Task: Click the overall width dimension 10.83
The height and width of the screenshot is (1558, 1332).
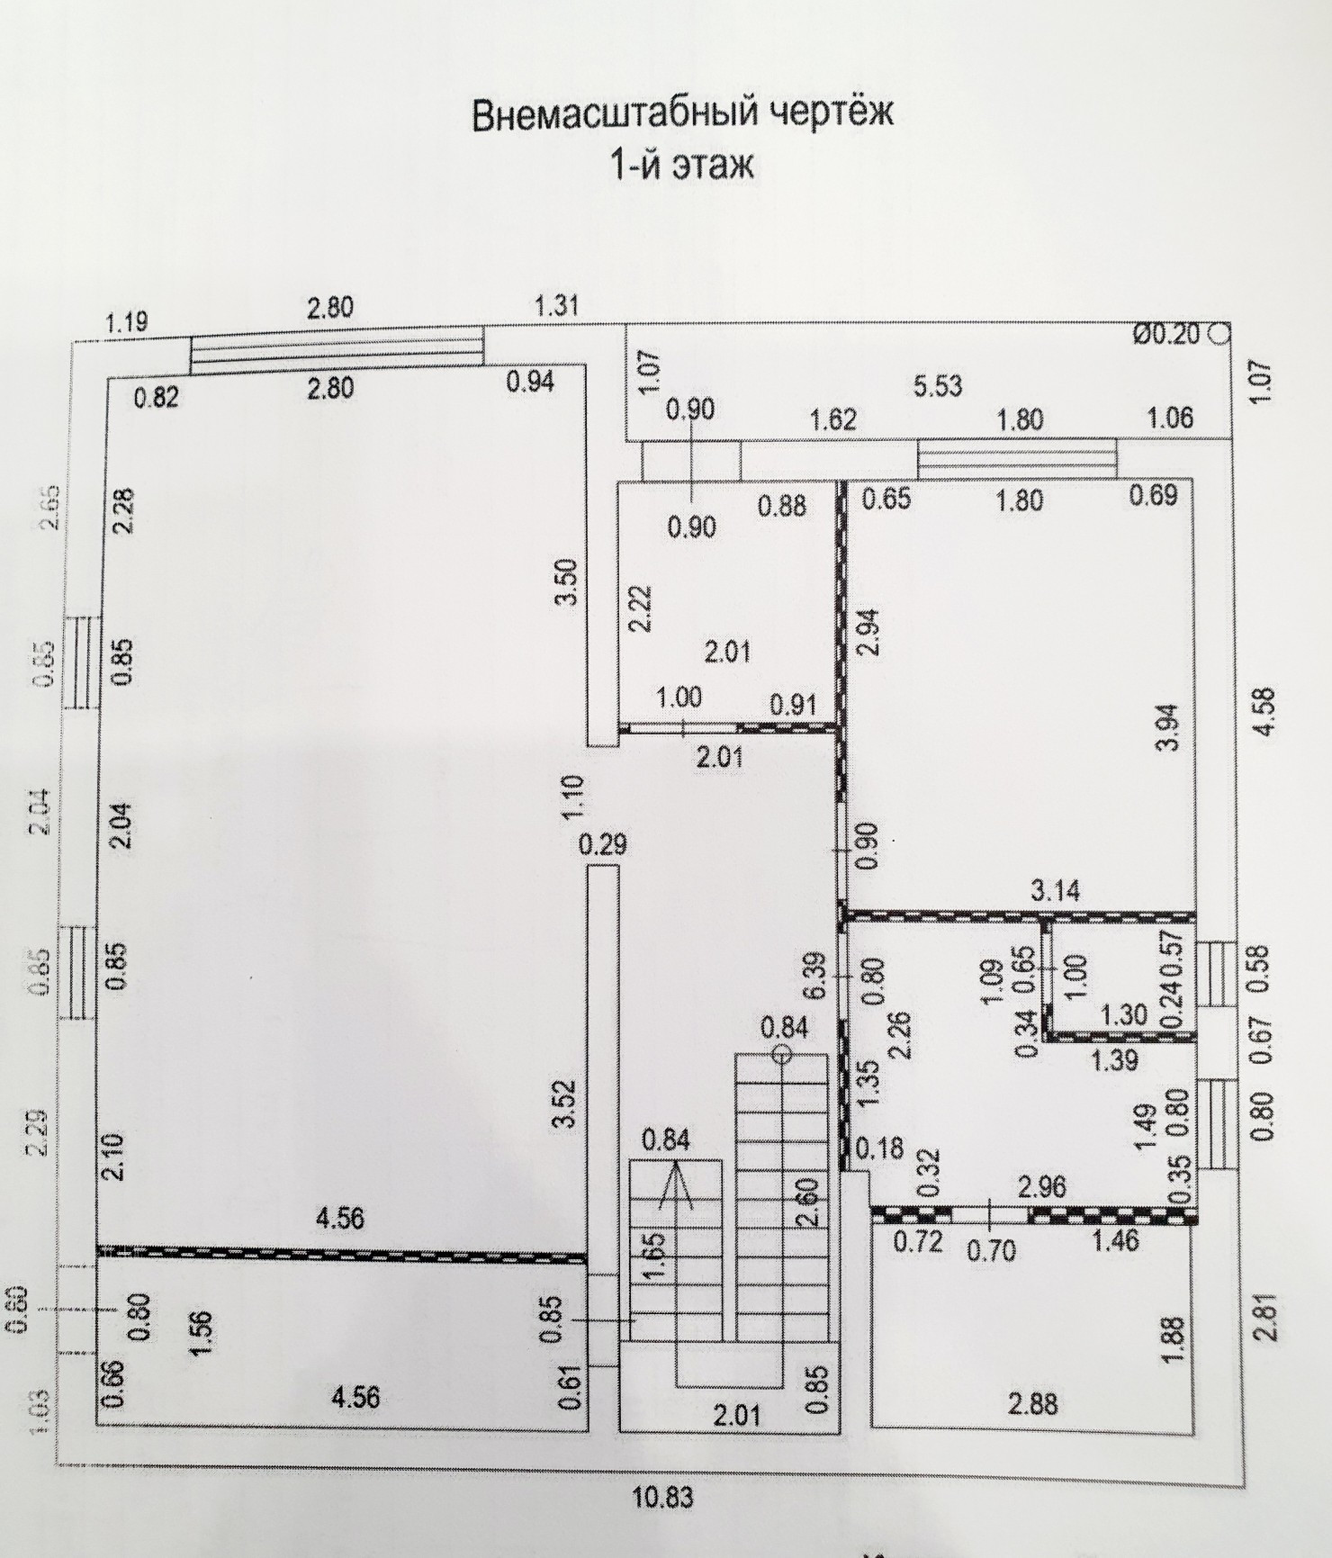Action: coord(663,1499)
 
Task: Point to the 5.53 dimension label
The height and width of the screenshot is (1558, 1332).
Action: coord(937,386)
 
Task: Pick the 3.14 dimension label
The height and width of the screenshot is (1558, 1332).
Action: coord(1056,891)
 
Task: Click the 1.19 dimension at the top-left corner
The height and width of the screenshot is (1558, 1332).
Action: coord(127,322)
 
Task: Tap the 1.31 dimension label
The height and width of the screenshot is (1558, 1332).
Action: coord(555,307)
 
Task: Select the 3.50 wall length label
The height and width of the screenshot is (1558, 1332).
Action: coord(567,585)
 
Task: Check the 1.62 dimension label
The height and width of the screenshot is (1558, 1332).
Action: coord(832,419)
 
